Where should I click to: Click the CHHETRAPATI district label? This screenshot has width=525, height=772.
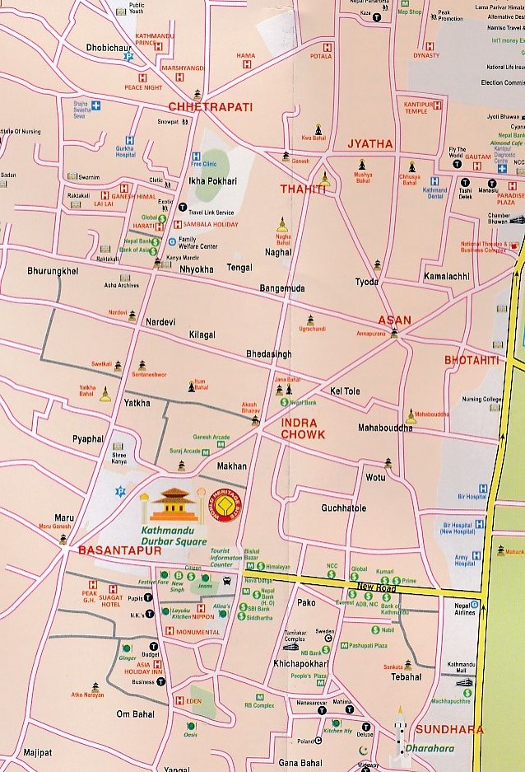click(x=210, y=107)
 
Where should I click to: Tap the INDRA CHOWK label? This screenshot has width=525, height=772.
click(x=303, y=428)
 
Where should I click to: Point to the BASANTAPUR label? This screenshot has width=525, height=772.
click(x=120, y=550)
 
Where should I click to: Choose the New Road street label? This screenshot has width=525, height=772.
click(x=376, y=589)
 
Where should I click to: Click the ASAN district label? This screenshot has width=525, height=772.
click(x=393, y=320)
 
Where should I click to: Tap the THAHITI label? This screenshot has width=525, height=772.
click(x=303, y=189)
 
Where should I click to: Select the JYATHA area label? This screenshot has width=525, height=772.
click(x=371, y=143)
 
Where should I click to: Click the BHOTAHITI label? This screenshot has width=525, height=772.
click(x=472, y=360)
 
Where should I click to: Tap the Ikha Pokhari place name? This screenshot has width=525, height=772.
click(x=212, y=181)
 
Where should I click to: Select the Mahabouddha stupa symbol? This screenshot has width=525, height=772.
click(x=411, y=416)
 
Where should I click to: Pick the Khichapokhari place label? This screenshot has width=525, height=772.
click(x=301, y=663)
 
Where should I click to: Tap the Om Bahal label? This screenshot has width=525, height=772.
click(x=136, y=714)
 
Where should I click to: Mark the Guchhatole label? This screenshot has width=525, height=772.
click(x=344, y=508)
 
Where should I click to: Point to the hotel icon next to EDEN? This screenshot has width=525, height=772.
click(x=178, y=700)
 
